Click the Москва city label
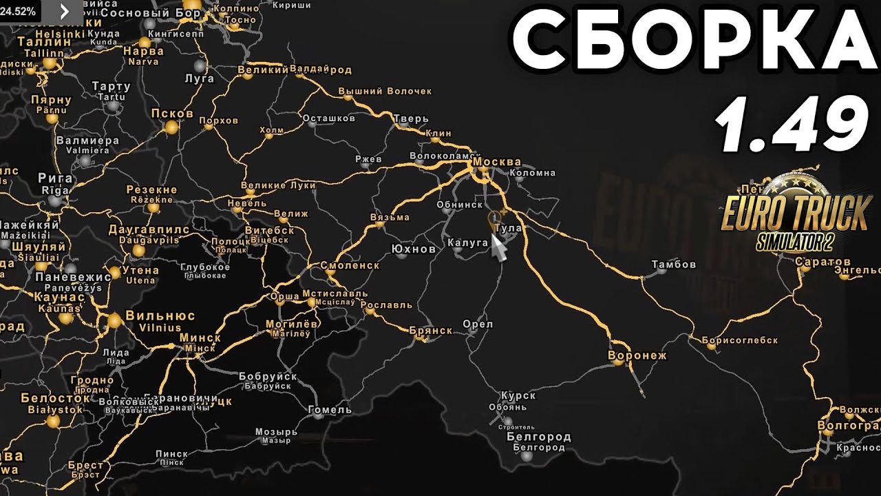[498, 162]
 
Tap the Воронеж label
[637, 355]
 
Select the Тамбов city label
[673, 264]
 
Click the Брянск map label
[430, 331]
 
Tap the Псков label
[171, 114]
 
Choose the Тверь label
[411, 118]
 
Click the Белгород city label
[539, 437]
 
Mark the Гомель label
[330, 409]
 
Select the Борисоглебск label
[740, 340]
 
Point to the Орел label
[478, 324]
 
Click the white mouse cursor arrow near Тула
[498, 247]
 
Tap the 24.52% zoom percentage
[19, 11]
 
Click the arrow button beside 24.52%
[64, 11]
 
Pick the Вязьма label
[390, 217]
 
